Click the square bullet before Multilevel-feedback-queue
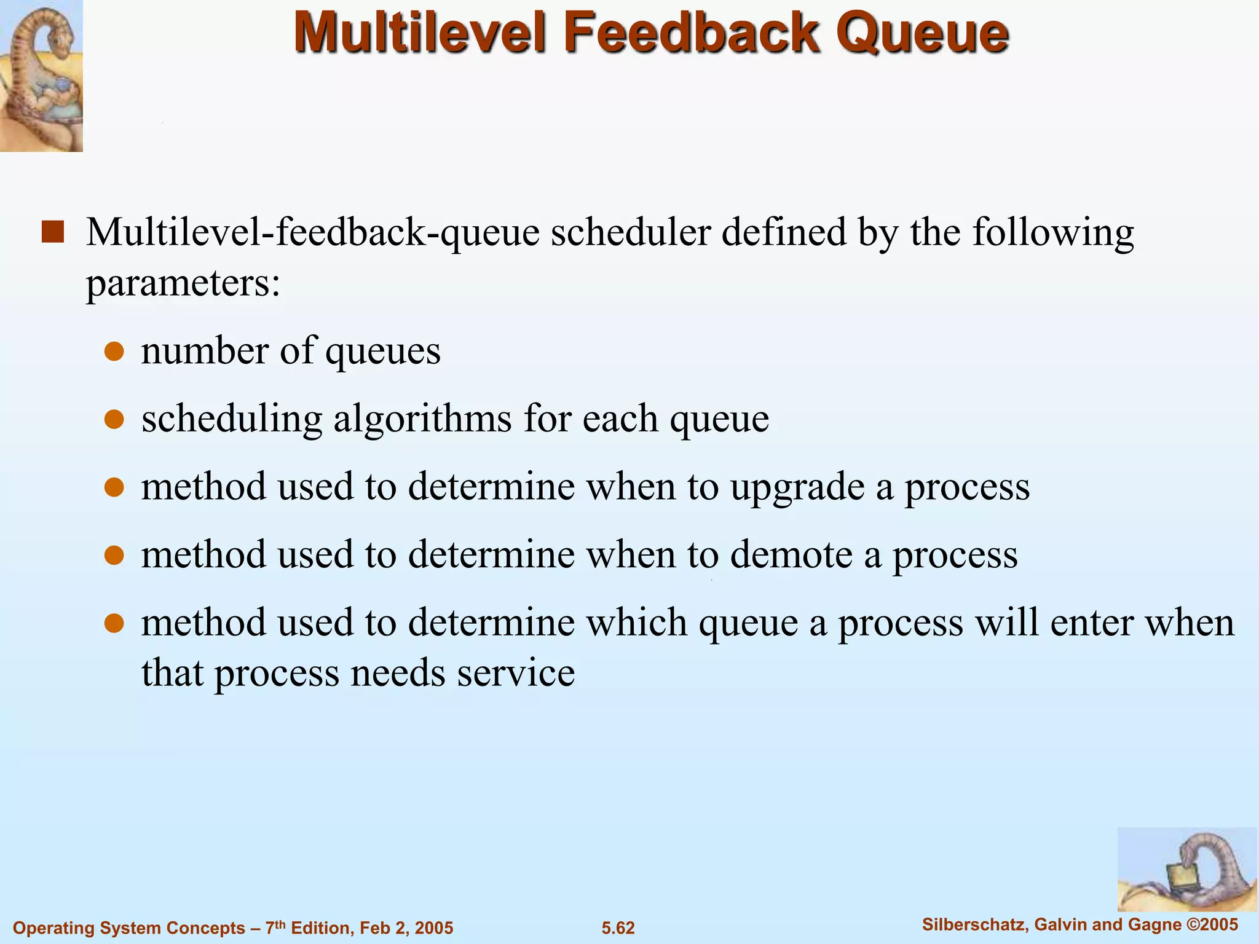pos(53,232)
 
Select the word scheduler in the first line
pos(630,232)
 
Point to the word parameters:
pos(183,284)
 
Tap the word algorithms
pos(423,419)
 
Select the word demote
pos(791,555)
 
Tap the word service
pos(516,672)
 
